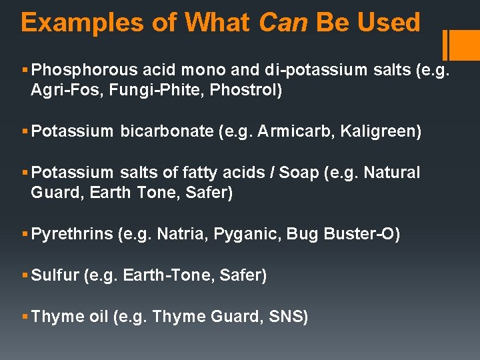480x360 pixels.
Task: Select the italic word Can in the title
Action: pos(283,23)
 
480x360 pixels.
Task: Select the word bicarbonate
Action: pos(167,131)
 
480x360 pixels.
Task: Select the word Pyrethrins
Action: pos(71,234)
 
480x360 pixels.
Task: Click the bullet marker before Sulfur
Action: pos(25,275)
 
